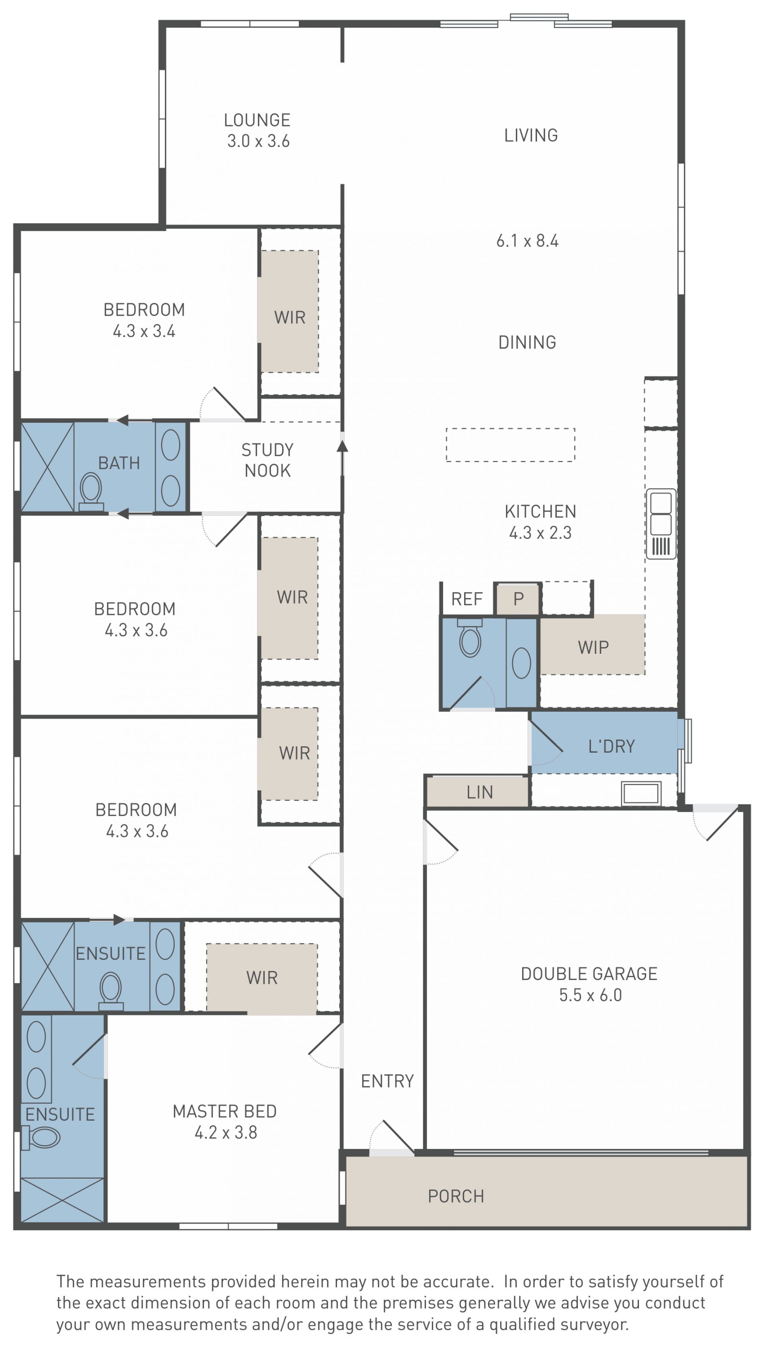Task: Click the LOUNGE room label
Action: [x=257, y=120]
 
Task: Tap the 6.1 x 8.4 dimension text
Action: [x=527, y=240]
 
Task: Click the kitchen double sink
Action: [x=660, y=523]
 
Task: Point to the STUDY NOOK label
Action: [x=267, y=460]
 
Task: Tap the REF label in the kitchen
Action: [x=467, y=599]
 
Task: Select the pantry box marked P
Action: [x=518, y=598]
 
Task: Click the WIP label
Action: [x=593, y=647]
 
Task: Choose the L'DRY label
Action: [x=611, y=746]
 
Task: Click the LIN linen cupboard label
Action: [x=480, y=792]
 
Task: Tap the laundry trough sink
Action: [x=641, y=793]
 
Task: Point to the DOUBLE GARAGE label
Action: [x=589, y=974]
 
